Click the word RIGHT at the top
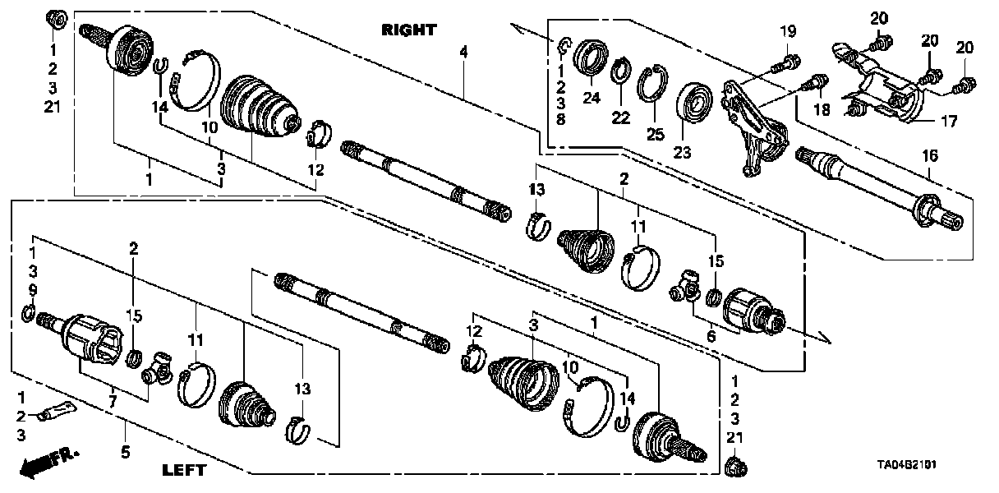click(x=408, y=30)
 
